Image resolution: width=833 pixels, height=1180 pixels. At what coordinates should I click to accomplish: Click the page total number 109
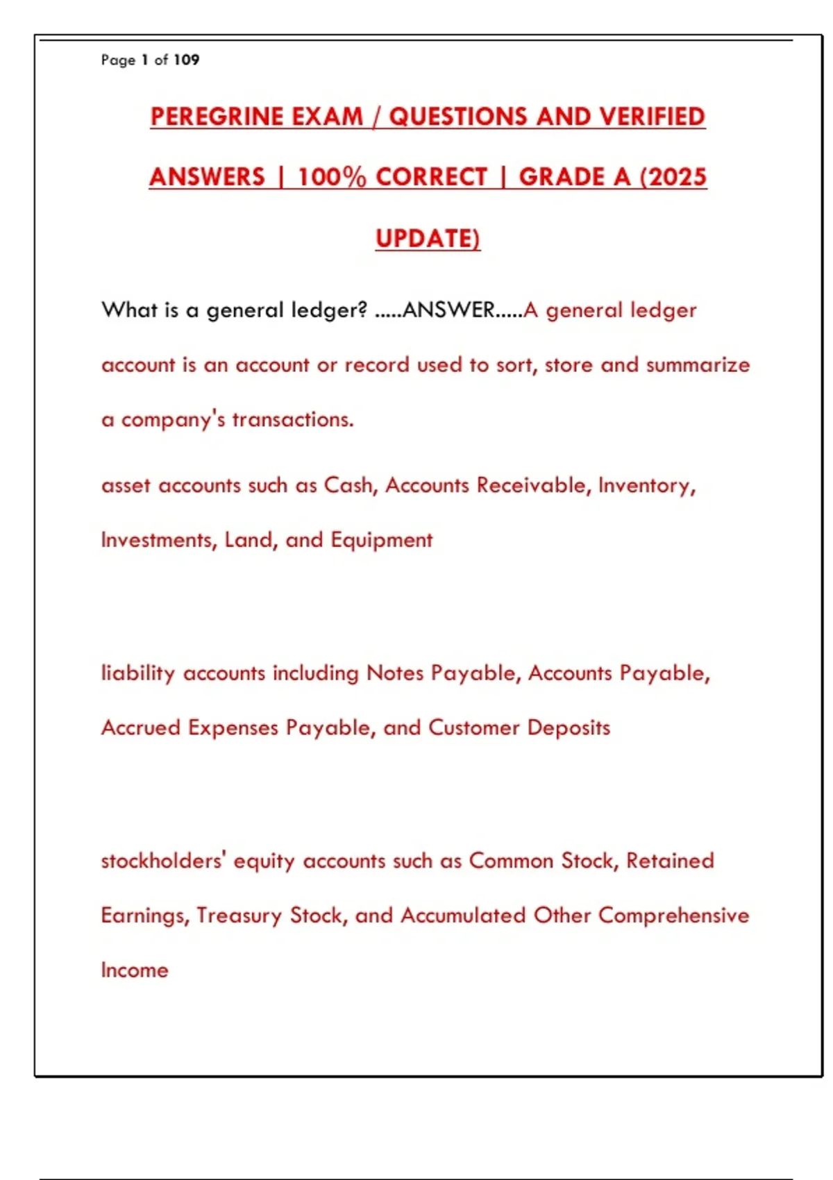coord(186,60)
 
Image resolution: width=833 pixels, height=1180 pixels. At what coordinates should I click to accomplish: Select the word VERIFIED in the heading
coord(652,117)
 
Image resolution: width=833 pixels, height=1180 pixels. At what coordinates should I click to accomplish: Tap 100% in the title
coord(331,177)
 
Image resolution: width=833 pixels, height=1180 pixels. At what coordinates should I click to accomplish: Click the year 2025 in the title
coord(677,177)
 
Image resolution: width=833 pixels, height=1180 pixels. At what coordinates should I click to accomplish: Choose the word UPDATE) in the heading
coord(428,238)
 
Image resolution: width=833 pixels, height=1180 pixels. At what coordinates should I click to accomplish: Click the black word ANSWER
coord(448,310)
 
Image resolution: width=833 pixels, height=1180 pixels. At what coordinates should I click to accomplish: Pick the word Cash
coord(350,485)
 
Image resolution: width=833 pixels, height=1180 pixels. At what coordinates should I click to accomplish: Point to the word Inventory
coord(646,485)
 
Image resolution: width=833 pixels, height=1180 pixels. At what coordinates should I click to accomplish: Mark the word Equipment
coord(381,540)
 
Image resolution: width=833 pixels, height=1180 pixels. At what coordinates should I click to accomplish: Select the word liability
coord(137,673)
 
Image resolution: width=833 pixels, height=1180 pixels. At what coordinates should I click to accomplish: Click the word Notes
coord(394,673)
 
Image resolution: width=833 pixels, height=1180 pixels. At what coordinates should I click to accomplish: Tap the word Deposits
coord(569,727)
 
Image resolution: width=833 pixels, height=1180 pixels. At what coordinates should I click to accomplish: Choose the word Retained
coord(670,861)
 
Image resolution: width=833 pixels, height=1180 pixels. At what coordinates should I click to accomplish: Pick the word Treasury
coord(239,916)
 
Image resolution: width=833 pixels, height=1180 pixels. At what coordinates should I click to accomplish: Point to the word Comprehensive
coord(673,916)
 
